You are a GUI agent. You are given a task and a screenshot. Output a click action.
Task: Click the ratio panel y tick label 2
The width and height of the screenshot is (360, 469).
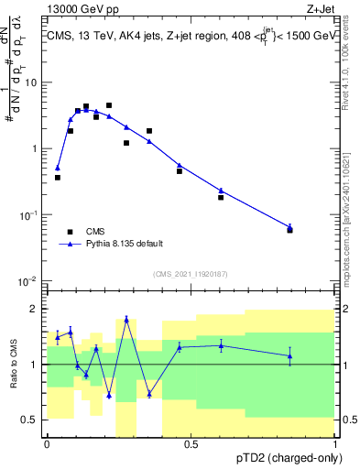pyautogui.click(x=34, y=310)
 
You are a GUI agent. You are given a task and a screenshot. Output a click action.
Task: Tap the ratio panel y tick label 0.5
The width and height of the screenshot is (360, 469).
pyautogui.click(x=29, y=420)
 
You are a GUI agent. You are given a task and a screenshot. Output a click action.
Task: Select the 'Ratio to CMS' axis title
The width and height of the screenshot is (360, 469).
pyautogui.click(x=14, y=364)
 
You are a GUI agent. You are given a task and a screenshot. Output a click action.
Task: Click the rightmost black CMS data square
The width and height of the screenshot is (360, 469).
pyautogui.click(x=289, y=230)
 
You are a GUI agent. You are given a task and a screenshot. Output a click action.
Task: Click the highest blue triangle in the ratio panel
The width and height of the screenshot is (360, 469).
pyautogui.click(x=126, y=320)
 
